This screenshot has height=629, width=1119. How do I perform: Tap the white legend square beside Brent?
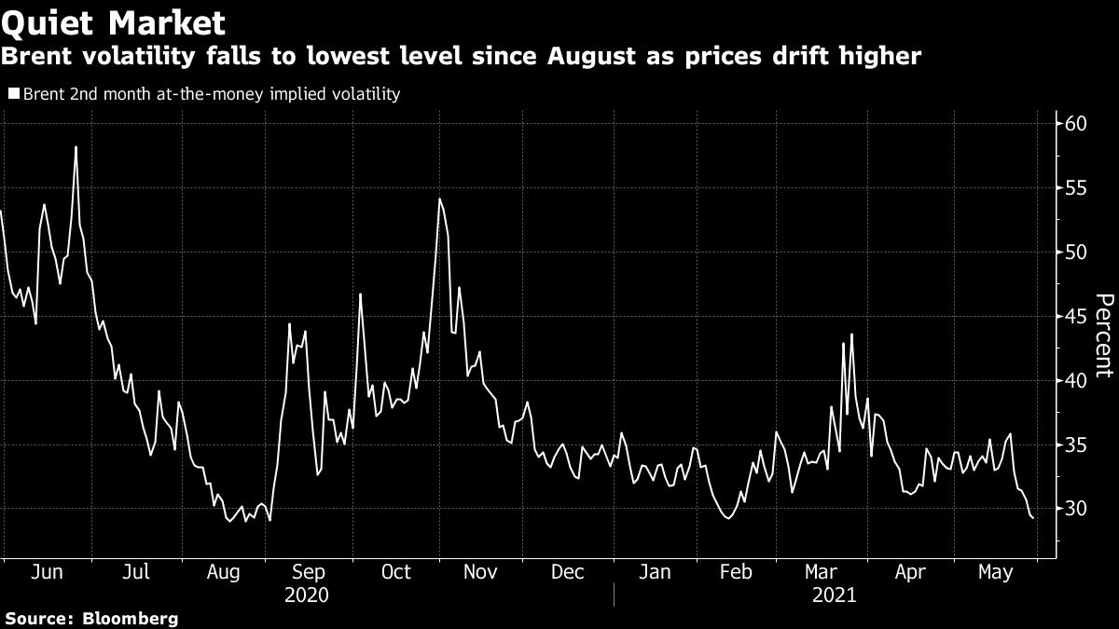tap(13, 94)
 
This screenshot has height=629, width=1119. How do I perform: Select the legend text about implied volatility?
tap(212, 94)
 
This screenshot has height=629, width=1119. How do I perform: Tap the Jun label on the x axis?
tap(47, 572)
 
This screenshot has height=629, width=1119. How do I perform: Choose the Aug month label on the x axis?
tap(221, 572)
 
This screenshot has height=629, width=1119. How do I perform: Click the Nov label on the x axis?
tap(480, 572)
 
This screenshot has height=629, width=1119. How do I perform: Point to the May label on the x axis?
tap(997, 572)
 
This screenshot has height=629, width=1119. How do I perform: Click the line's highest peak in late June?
tap(76, 147)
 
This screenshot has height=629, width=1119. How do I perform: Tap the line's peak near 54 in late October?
tap(439, 198)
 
